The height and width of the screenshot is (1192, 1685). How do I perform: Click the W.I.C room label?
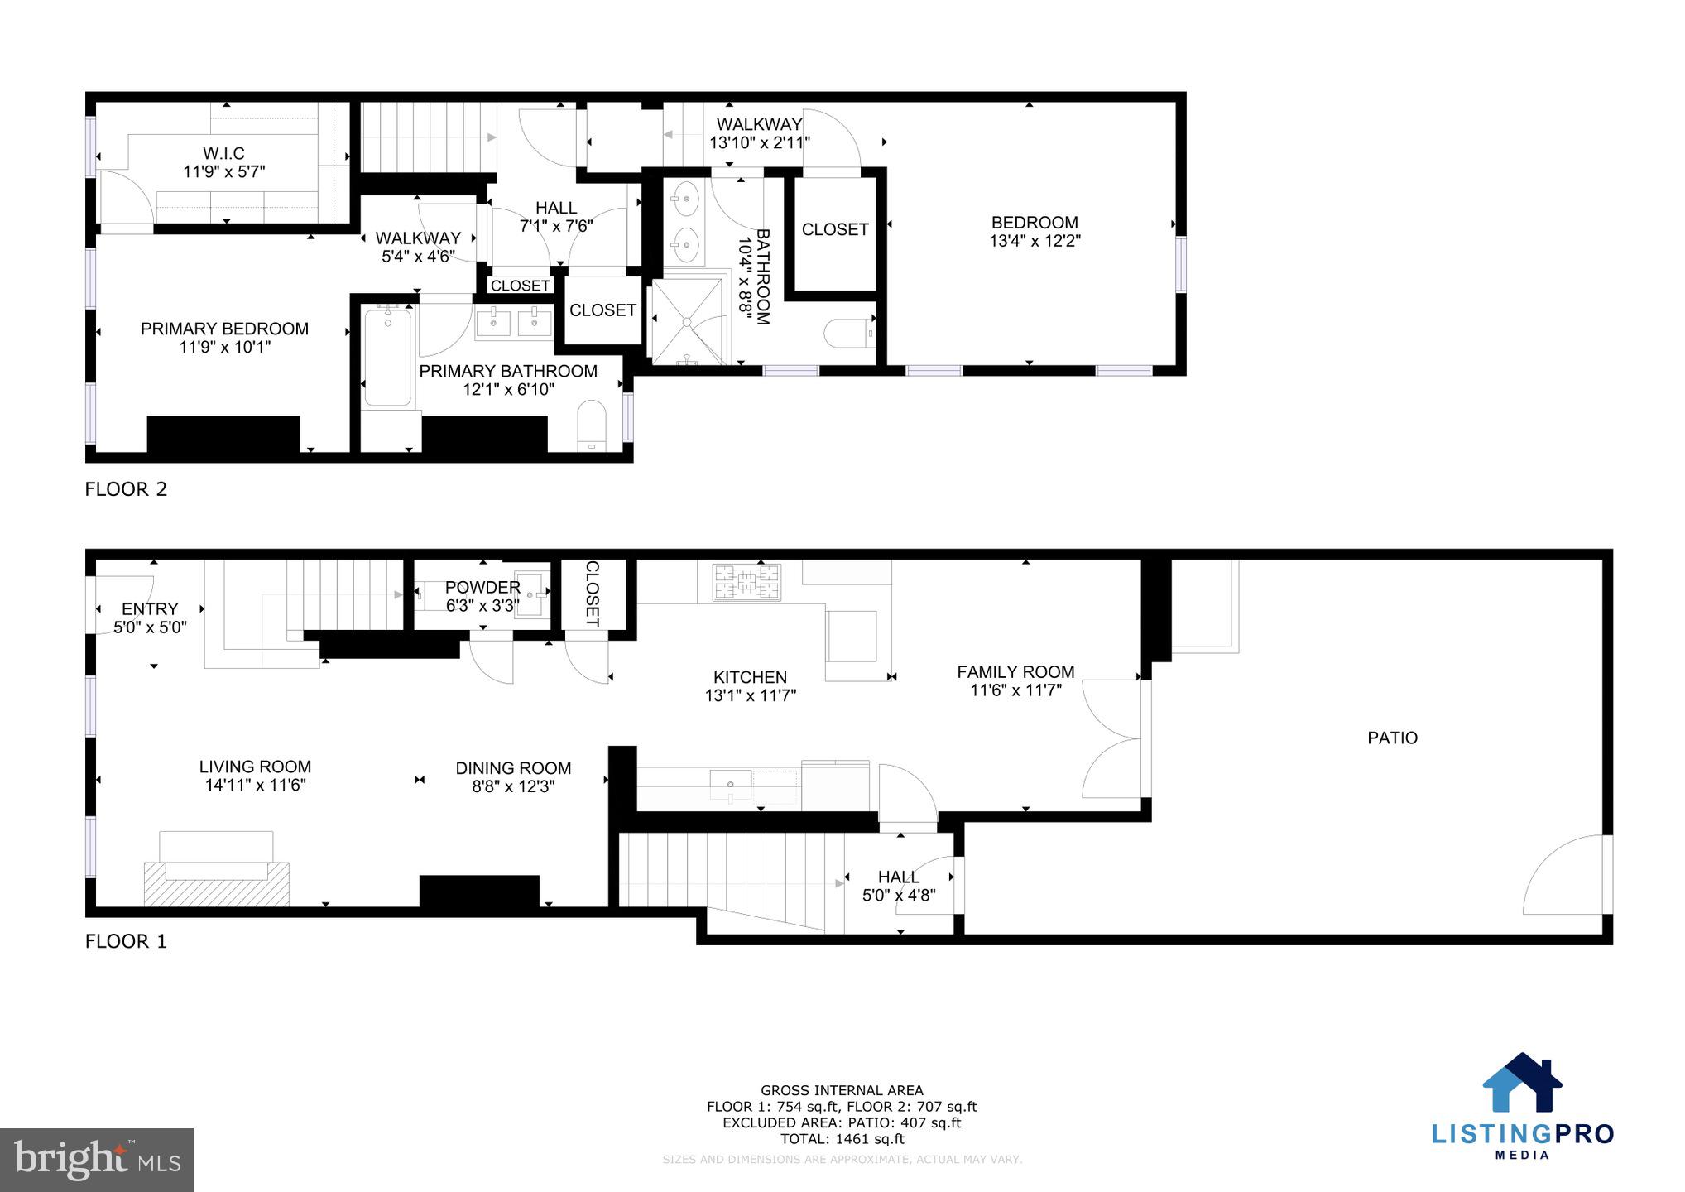tap(223, 154)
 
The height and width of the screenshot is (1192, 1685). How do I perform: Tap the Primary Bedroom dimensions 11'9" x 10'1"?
tap(224, 347)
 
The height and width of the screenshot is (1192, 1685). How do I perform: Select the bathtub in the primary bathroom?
tap(388, 357)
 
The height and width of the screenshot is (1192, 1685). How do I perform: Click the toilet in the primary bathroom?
tap(591, 424)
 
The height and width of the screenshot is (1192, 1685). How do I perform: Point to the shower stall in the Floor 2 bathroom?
tap(687, 321)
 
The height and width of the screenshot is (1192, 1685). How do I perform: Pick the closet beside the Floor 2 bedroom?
tap(834, 229)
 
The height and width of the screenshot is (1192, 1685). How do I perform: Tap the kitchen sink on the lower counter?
tap(731, 785)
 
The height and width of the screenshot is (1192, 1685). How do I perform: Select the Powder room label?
tap(482, 587)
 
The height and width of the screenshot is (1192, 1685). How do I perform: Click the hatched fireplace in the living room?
tap(217, 884)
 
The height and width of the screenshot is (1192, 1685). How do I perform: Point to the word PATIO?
tap(1392, 738)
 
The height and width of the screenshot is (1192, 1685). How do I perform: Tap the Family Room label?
tap(1015, 672)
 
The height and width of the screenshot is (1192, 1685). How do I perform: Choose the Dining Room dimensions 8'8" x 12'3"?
tap(513, 786)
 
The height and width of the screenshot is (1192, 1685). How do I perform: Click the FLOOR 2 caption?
tap(126, 489)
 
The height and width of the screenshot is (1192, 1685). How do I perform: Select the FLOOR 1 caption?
tap(126, 941)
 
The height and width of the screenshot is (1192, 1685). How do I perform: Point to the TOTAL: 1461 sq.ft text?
tap(842, 1139)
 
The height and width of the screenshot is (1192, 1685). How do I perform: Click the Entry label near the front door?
tap(150, 609)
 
